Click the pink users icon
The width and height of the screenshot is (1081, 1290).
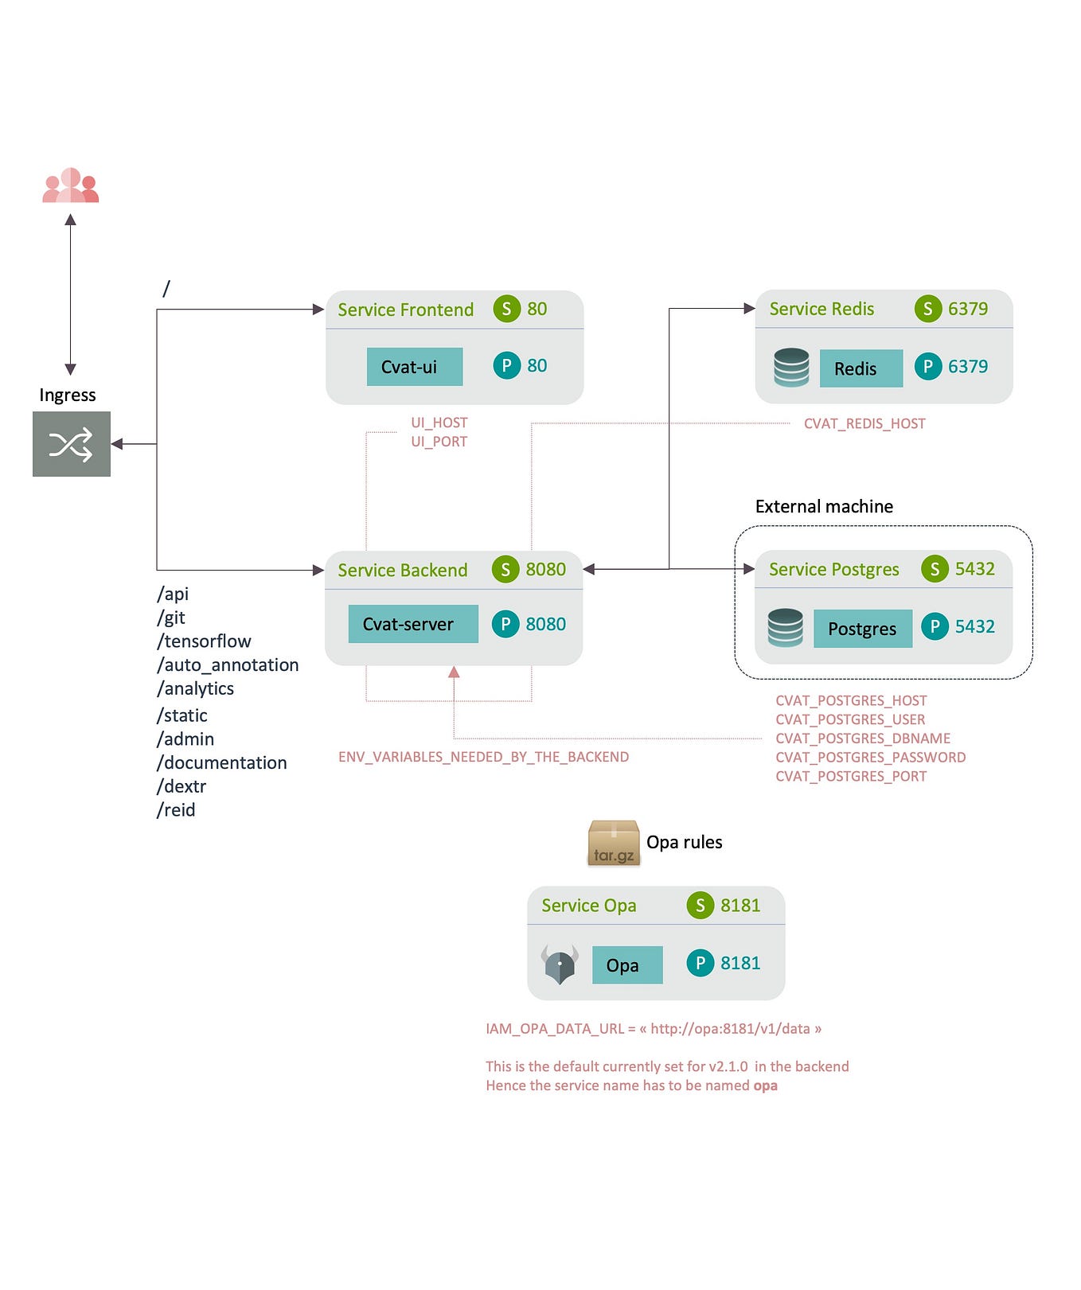pyautogui.click(x=70, y=186)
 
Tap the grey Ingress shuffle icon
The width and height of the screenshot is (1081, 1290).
pyautogui.click(x=71, y=444)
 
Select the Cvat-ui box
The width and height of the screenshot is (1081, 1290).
pyautogui.click(x=414, y=367)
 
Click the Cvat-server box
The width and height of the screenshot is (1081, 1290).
pyautogui.click(x=412, y=624)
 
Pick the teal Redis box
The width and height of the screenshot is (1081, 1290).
pyautogui.click(x=861, y=368)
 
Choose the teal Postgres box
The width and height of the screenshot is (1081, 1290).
pyautogui.click(x=862, y=629)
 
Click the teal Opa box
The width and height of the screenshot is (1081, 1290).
pyautogui.click(x=626, y=965)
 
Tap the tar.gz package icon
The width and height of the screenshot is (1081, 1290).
pyautogui.click(x=613, y=844)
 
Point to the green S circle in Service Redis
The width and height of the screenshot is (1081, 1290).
pyautogui.click(x=927, y=309)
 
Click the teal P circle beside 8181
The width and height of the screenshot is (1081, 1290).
pyautogui.click(x=700, y=963)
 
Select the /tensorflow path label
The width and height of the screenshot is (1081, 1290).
pyautogui.click(x=204, y=641)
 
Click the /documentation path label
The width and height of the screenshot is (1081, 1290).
pyautogui.click(x=222, y=762)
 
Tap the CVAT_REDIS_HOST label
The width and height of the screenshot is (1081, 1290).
pyautogui.click(x=864, y=423)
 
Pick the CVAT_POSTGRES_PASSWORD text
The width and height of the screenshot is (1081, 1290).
pyautogui.click(x=870, y=758)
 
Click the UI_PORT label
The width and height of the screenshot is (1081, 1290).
pyautogui.click(x=439, y=442)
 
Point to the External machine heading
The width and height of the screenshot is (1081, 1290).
pyautogui.click(x=823, y=507)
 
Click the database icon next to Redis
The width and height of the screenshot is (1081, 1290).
pyautogui.click(x=790, y=368)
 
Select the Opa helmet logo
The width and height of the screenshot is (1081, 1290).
pyautogui.click(x=560, y=965)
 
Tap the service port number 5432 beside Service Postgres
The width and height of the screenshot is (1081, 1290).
pyautogui.click(x=974, y=569)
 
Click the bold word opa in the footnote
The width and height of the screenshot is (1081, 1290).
pyautogui.click(x=765, y=1085)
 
